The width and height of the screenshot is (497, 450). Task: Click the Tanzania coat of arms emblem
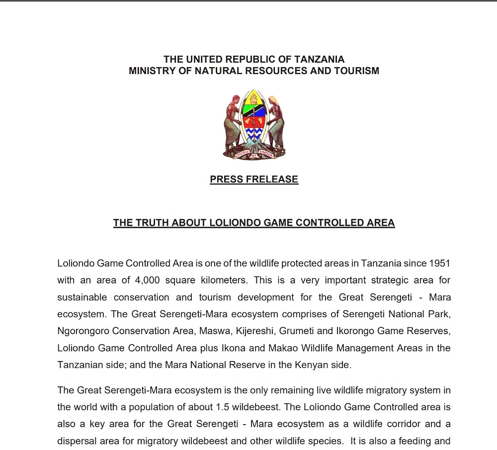(x=254, y=125)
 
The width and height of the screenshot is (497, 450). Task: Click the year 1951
(x=439, y=263)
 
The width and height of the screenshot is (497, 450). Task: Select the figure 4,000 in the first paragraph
(x=147, y=280)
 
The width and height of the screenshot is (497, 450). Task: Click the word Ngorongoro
(x=83, y=331)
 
